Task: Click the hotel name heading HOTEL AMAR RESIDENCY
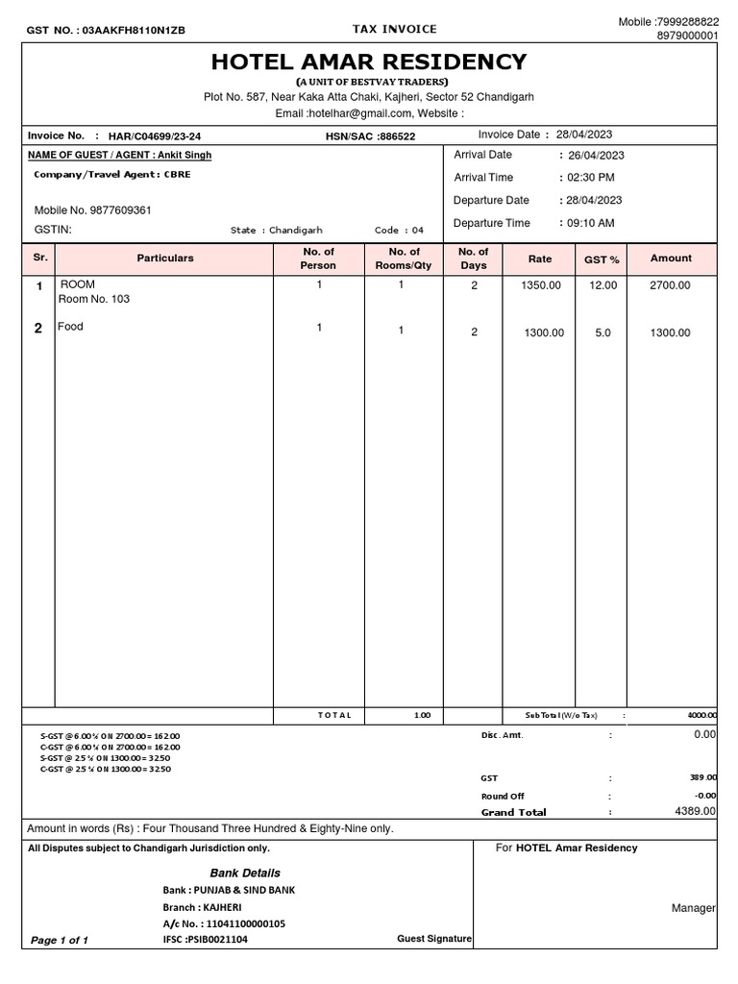(369, 62)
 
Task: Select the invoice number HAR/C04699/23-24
(154, 136)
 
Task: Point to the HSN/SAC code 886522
(396, 136)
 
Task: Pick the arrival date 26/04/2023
(596, 155)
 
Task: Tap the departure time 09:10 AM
(591, 223)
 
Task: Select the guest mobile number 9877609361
(117, 210)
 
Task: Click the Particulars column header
(165, 258)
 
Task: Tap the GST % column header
(603, 259)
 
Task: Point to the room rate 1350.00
(540, 285)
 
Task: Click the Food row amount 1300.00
(671, 332)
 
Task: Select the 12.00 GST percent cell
(603, 285)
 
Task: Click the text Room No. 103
(94, 299)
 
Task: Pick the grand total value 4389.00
(695, 811)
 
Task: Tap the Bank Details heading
(246, 873)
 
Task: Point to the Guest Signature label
(434, 938)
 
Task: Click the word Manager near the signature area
(694, 908)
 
